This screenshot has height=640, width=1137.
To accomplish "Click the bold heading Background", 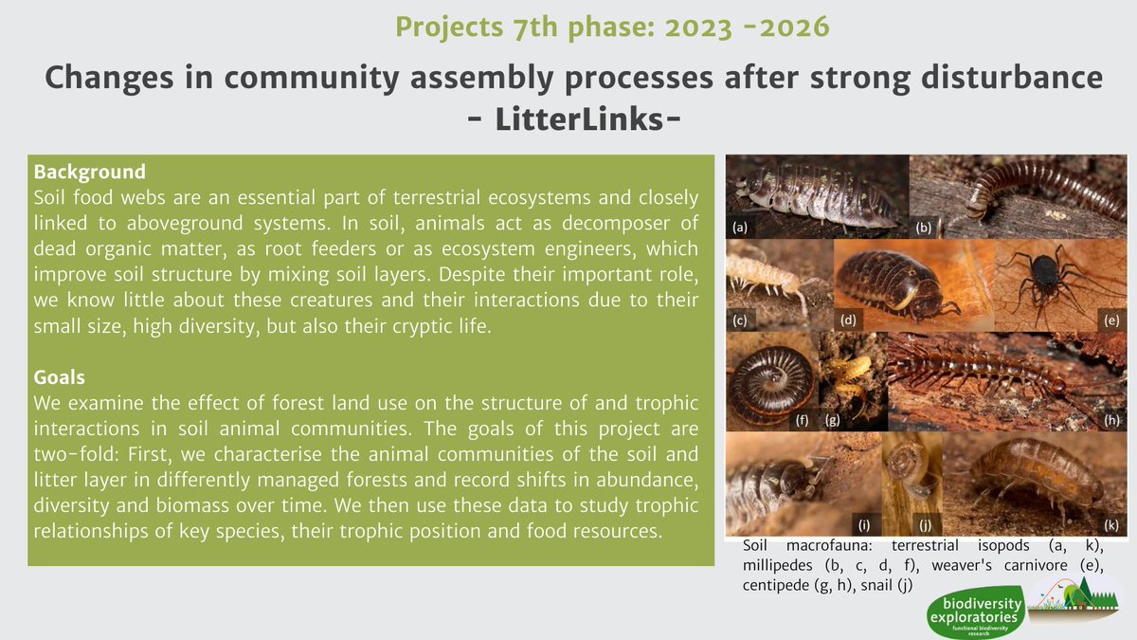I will (x=89, y=173).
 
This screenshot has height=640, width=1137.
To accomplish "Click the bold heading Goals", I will (x=59, y=377).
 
